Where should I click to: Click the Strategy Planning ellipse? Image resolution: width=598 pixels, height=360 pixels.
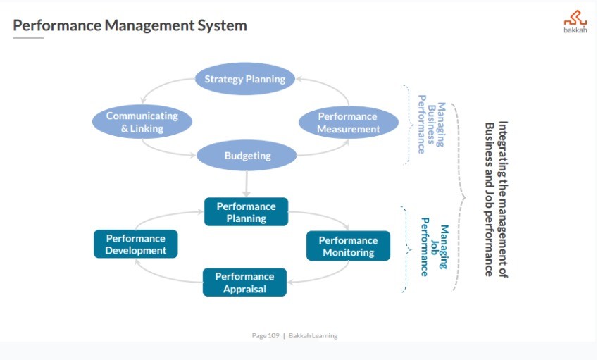(244, 79)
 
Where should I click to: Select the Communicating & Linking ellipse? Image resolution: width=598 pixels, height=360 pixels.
(142, 122)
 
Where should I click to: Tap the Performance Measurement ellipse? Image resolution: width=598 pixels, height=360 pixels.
(348, 123)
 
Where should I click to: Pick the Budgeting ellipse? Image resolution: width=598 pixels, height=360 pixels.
(247, 156)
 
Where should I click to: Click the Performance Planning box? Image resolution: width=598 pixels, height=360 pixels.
(246, 212)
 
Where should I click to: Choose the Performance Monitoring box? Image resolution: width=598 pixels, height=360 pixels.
(348, 246)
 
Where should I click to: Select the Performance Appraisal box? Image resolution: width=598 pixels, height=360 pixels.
(244, 282)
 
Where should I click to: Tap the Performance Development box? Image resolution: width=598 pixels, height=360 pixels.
(135, 244)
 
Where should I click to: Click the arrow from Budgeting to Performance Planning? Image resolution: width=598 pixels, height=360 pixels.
(247, 185)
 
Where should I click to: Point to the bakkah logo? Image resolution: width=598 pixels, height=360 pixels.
(574, 20)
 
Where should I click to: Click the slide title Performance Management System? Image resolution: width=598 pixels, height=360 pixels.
(130, 26)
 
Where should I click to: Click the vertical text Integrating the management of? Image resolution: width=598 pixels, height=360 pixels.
(503, 199)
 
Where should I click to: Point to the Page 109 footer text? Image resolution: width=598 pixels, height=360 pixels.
(266, 335)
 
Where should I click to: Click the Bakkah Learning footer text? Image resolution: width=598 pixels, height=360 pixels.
(313, 335)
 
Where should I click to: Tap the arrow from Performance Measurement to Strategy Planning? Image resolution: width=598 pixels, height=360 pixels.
(331, 87)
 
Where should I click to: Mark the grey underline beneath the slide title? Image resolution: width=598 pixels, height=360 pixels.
(28, 38)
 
